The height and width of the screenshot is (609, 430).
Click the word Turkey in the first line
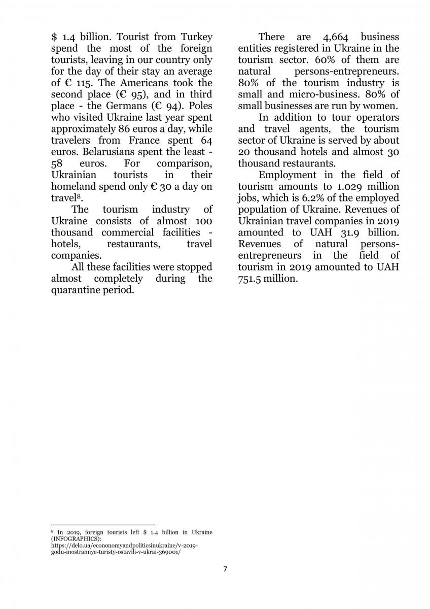pyautogui.click(x=195, y=37)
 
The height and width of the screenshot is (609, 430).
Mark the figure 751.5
pyautogui.click(x=252, y=279)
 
